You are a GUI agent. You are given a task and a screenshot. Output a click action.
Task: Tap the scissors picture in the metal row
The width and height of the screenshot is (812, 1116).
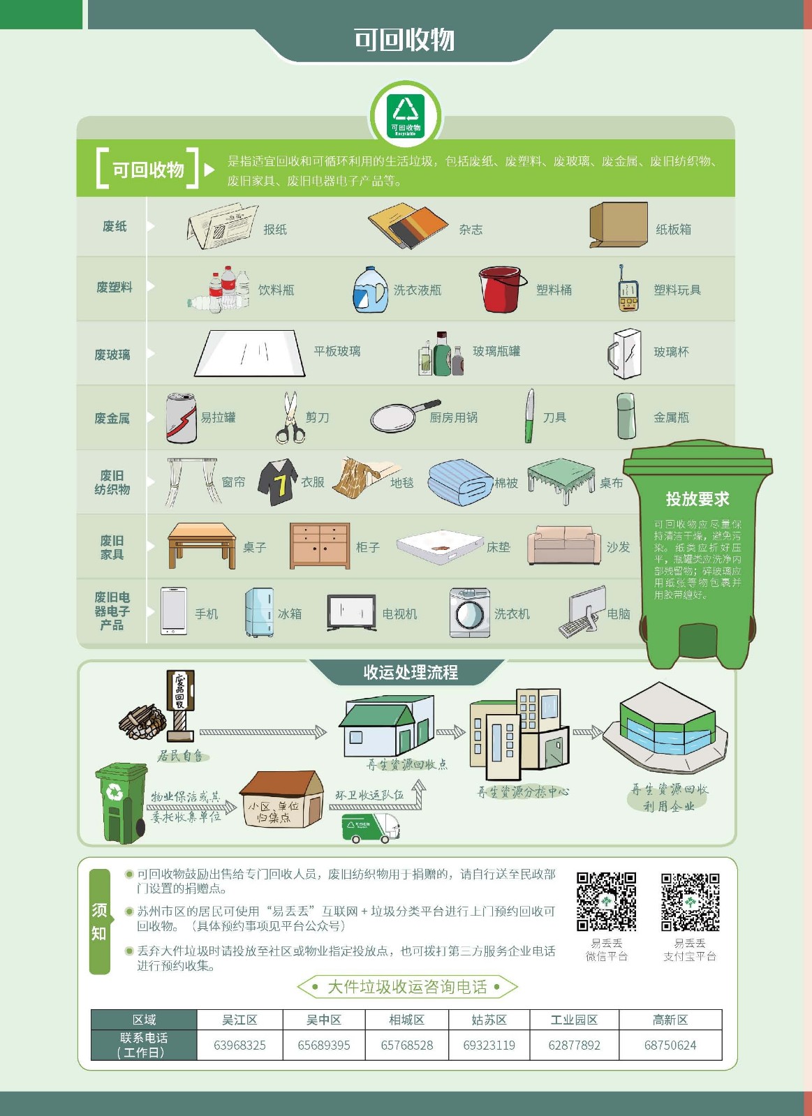click(x=290, y=418)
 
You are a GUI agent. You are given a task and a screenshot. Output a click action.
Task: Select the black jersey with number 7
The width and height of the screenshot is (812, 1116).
click(x=278, y=482)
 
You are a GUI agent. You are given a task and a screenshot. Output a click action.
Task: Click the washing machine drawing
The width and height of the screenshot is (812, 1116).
click(x=470, y=613)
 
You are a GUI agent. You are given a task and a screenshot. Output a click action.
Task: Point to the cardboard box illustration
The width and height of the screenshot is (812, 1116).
click(x=618, y=225)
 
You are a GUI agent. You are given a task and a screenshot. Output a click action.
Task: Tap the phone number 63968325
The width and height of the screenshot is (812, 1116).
click(x=239, y=1046)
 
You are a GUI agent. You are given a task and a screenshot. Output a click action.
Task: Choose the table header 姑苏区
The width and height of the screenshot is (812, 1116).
click(x=489, y=1020)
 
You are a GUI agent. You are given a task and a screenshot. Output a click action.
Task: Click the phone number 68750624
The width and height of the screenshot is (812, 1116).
click(x=670, y=1046)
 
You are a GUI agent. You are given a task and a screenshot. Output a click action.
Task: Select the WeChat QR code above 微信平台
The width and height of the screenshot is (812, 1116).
click(x=606, y=901)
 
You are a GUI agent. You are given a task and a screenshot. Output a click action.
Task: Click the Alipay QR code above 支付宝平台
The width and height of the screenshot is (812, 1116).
click(x=690, y=901)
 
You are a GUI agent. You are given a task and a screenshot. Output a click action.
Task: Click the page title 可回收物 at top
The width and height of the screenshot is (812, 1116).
click(x=404, y=40)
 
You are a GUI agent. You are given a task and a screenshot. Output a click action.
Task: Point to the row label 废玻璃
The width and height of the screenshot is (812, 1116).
click(x=112, y=355)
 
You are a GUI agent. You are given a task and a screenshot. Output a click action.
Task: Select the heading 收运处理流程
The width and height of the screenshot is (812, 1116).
click(x=411, y=672)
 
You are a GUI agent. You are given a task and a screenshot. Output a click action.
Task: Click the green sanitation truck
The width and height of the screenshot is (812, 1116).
click(x=370, y=828)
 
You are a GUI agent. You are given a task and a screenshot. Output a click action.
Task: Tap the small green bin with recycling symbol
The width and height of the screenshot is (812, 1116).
click(x=121, y=803)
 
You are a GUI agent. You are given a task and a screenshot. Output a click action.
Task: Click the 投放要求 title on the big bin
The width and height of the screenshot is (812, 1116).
click(x=697, y=499)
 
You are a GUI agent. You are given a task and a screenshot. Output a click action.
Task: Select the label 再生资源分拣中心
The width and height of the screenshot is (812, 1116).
click(x=523, y=791)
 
